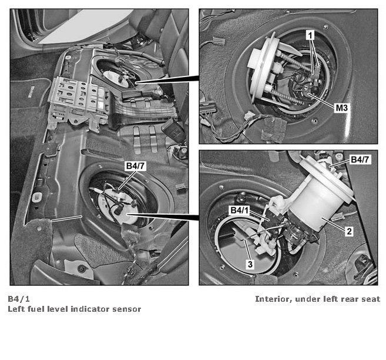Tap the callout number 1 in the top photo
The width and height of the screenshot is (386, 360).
[x=311, y=35]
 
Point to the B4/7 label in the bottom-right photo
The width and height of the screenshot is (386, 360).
[x=361, y=159]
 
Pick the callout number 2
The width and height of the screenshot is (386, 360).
[x=349, y=232]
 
